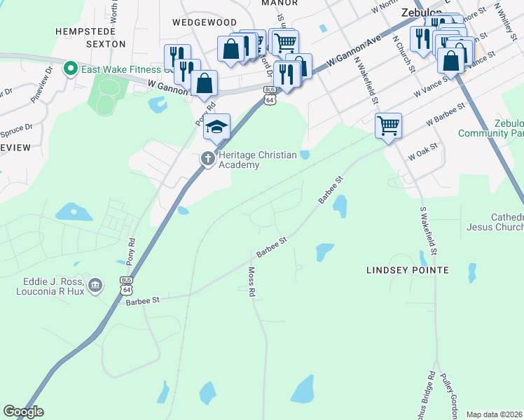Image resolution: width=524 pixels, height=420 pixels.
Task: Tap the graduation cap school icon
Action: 217,126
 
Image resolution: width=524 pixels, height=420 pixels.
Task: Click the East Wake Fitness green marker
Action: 69,69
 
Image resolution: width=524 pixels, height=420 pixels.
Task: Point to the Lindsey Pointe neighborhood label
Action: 408,269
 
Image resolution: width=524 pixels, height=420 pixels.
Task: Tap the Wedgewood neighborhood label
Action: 205,22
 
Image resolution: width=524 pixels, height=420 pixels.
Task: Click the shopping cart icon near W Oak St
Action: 388,126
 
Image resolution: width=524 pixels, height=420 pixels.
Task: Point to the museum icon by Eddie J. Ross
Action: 95,286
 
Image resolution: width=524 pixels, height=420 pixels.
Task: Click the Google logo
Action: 23,412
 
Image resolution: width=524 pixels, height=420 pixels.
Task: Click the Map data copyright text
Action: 495,414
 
